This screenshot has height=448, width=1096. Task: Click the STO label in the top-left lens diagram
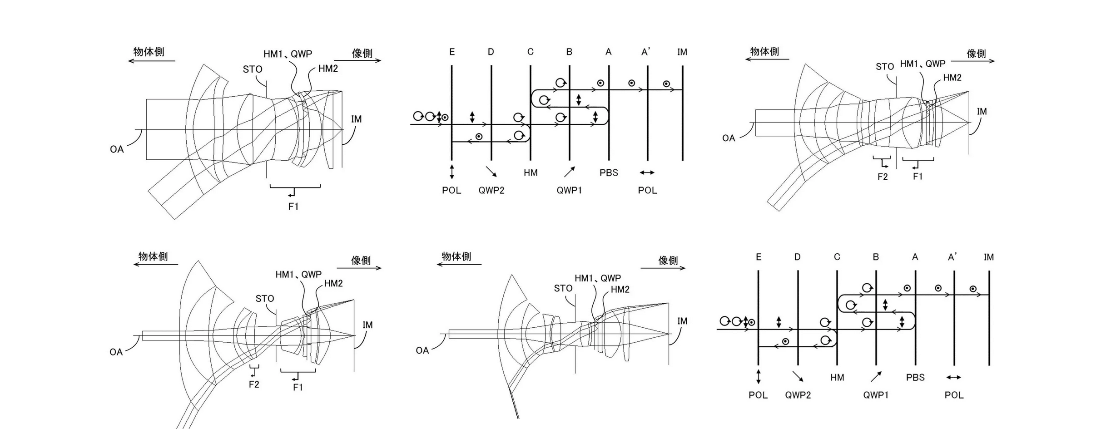click(253, 69)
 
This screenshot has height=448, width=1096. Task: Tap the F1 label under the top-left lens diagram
click(293, 207)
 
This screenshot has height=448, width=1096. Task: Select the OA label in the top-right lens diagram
click(729, 138)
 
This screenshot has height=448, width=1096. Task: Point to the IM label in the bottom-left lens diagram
click(367, 325)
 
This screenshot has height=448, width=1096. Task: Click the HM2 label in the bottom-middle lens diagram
click(620, 290)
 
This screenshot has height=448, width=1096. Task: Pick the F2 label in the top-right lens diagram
click(883, 177)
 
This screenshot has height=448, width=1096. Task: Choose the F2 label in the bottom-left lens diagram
click(254, 384)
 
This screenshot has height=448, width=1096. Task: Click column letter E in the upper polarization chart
click(452, 52)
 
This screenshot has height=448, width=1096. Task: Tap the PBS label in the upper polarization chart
click(609, 173)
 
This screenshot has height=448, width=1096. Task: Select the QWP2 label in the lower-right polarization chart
click(798, 395)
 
